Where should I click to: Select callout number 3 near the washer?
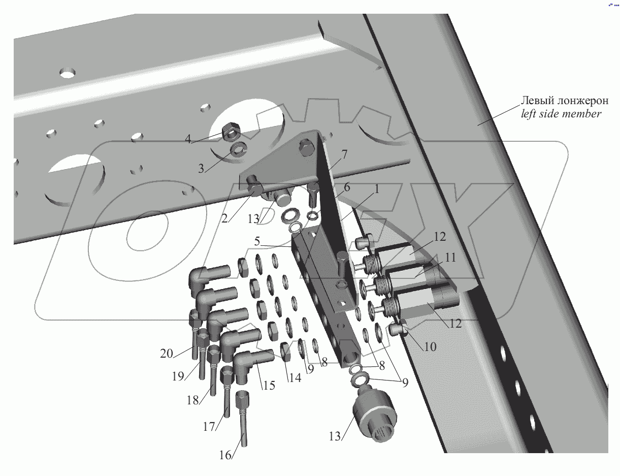click(202, 168)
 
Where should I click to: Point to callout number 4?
click(188, 138)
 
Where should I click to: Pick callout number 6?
click(347, 187)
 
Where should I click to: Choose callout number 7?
click(345, 153)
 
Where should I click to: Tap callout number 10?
click(430, 347)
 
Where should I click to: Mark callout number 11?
click(450, 258)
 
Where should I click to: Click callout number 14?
click(295, 377)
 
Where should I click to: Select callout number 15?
click(269, 386)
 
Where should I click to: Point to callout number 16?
click(225, 455)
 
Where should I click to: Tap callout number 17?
click(209, 427)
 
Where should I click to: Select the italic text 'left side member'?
click(561, 114)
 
